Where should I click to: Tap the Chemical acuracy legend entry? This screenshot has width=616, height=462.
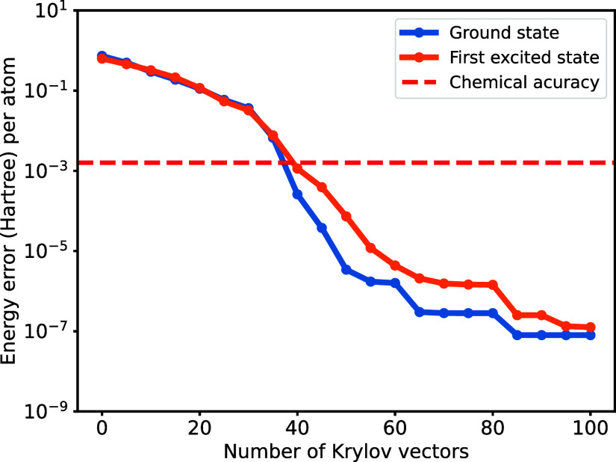click(x=523, y=82)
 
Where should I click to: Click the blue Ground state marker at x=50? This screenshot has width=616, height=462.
click(x=346, y=269)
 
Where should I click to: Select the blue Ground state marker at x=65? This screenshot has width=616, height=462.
click(x=420, y=312)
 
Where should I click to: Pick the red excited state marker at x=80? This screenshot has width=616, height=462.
click(x=493, y=285)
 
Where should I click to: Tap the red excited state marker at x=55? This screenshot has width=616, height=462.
click(x=370, y=248)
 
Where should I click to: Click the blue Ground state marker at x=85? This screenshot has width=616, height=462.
click(x=517, y=335)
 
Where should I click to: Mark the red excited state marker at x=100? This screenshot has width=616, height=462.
click(x=591, y=327)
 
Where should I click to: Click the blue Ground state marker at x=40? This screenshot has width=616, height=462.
click(x=297, y=194)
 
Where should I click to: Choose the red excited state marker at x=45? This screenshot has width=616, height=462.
click(x=322, y=187)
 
